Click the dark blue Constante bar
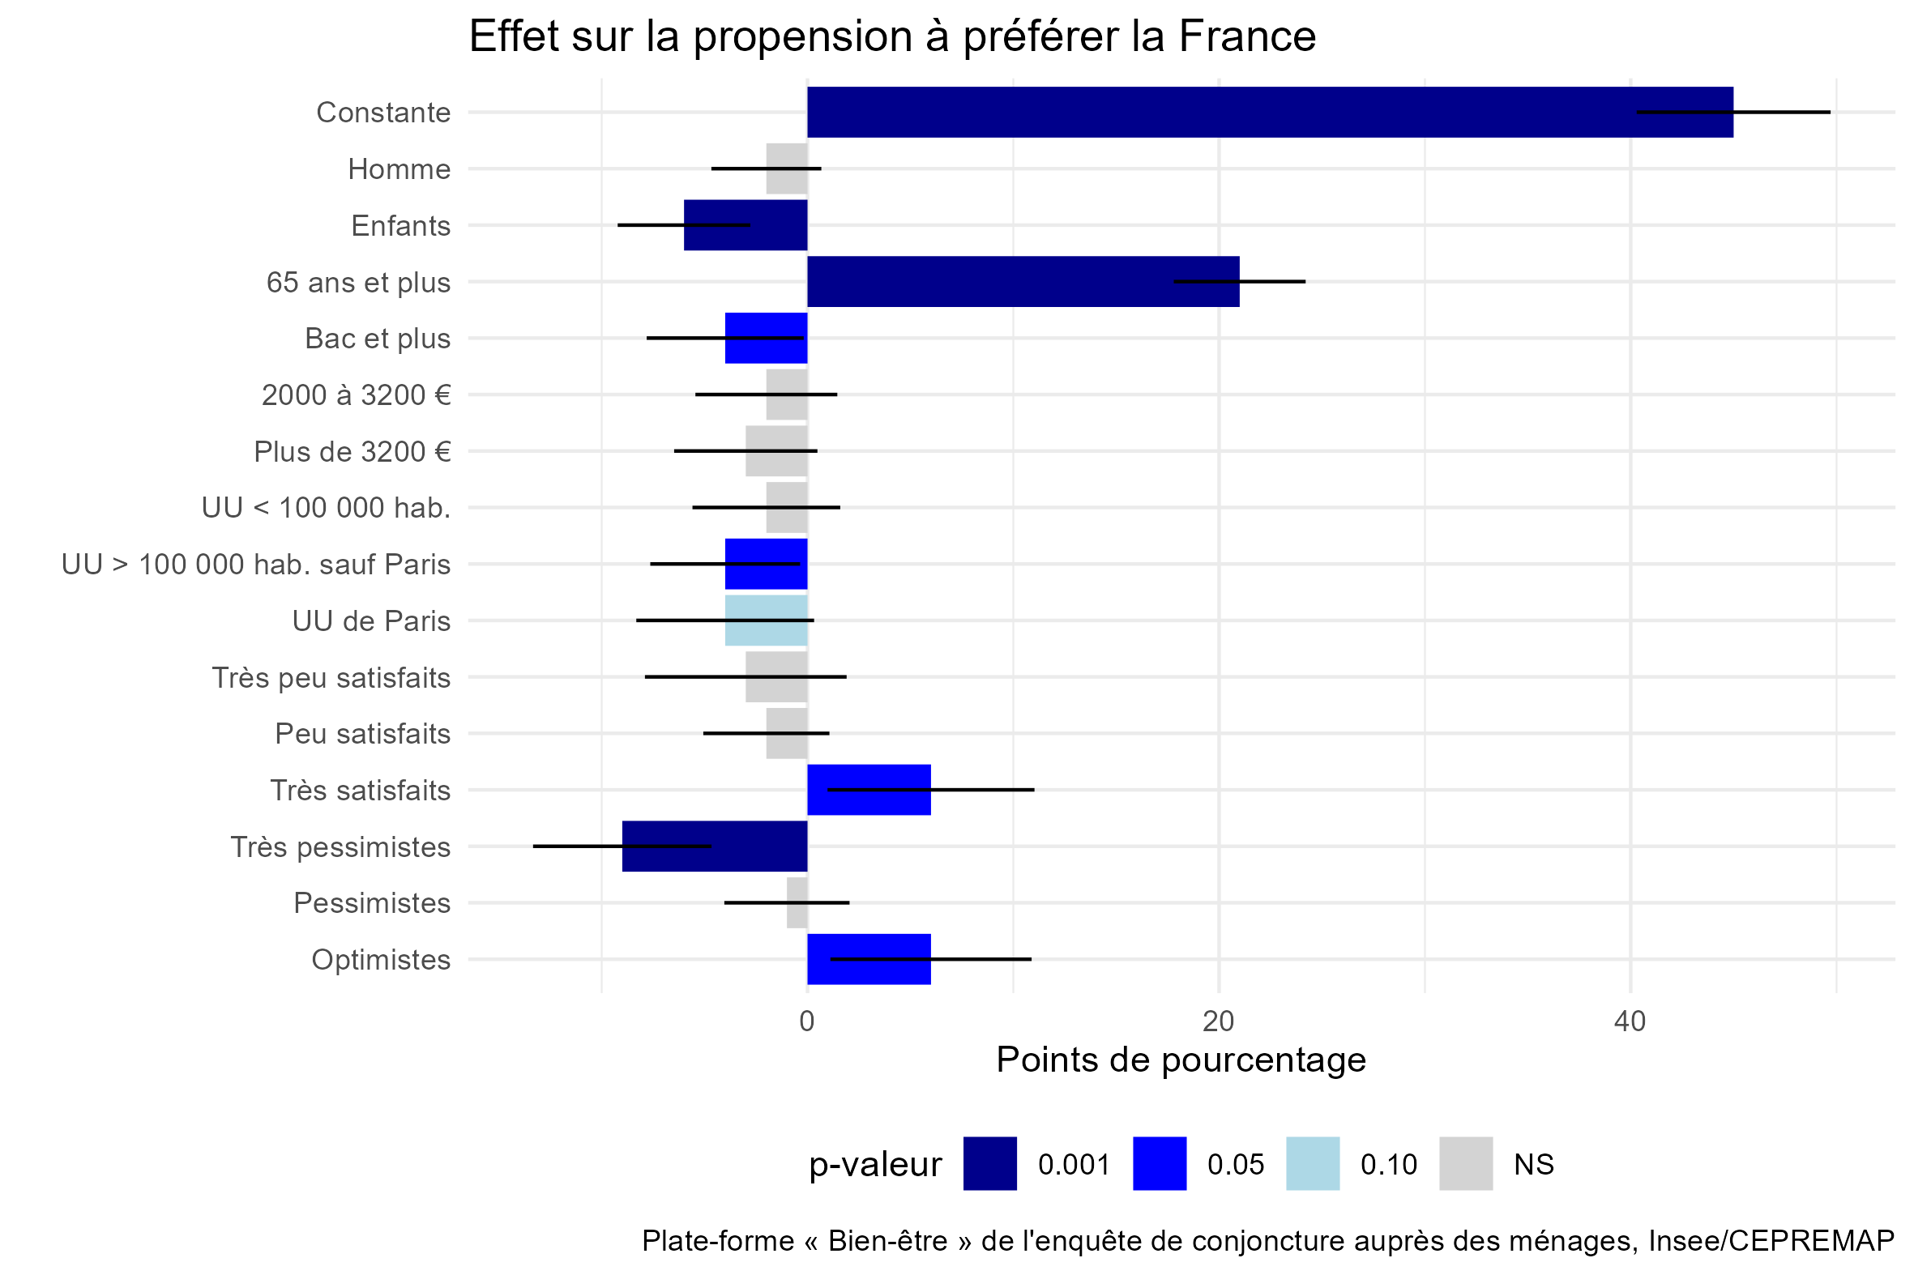click(x=1220, y=113)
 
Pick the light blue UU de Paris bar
click(x=766, y=620)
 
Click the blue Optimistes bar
click(x=868, y=960)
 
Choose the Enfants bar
click(x=746, y=225)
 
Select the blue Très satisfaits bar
click(x=868, y=790)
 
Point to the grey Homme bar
click(x=786, y=168)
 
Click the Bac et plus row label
click(x=378, y=339)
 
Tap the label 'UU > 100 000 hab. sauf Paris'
click(x=255, y=565)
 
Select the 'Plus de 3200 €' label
click(x=352, y=451)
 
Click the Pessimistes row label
click(x=372, y=902)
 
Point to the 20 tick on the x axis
click(x=1218, y=1021)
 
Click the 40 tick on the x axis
click(x=1630, y=1021)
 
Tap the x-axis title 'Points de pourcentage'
click(x=1181, y=1060)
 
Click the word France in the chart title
click(x=1246, y=37)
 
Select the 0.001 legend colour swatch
click(x=989, y=1163)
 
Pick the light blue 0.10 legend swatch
click(x=1312, y=1163)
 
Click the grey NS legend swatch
click(x=1465, y=1163)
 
